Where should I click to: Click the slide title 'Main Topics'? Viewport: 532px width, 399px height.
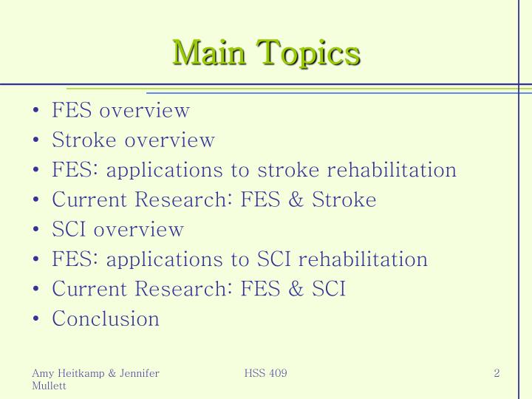click(266, 53)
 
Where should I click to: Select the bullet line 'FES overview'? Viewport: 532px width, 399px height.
click(120, 111)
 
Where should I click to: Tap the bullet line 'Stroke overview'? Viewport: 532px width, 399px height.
click(133, 140)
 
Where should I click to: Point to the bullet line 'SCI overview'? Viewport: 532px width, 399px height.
click(117, 229)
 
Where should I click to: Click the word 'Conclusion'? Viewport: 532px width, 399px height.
click(106, 318)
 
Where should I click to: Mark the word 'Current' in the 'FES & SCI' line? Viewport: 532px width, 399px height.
click(88, 289)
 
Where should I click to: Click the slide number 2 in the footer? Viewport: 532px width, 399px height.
click(497, 373)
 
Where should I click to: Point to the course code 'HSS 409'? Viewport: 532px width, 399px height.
click(265, 373)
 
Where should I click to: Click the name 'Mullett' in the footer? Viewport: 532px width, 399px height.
click(50, 386)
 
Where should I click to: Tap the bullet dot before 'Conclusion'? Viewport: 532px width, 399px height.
click(37, 319)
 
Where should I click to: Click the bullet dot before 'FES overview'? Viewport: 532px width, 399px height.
click(37, 112)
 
